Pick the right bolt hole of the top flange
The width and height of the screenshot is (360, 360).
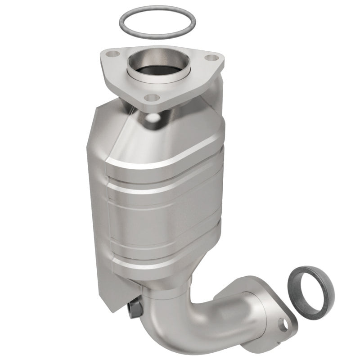pos(211,58)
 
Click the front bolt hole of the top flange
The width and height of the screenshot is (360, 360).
pos(153,97)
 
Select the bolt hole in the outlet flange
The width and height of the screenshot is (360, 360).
pos(283,324)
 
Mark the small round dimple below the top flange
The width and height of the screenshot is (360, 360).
pos(154,118)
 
